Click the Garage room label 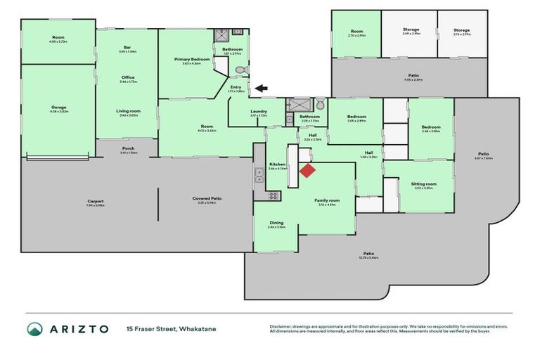click(58, 108)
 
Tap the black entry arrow click(261, 88)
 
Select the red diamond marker click(307, 170)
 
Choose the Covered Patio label click(207, 198)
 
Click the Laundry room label click(258, 112)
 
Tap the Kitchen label click(278, 165)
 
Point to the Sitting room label click(424, 184)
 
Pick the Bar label click(127, 49)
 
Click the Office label click(127, 77)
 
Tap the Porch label click(128, 149)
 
